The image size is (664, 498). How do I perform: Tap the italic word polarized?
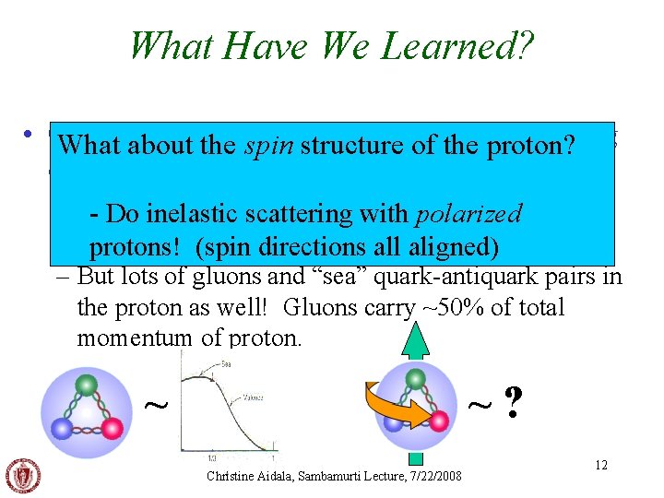468,214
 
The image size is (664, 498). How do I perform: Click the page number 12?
600,465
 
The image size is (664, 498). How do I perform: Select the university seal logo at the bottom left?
23,474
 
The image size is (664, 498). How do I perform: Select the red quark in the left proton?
113,426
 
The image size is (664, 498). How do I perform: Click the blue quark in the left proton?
63,426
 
